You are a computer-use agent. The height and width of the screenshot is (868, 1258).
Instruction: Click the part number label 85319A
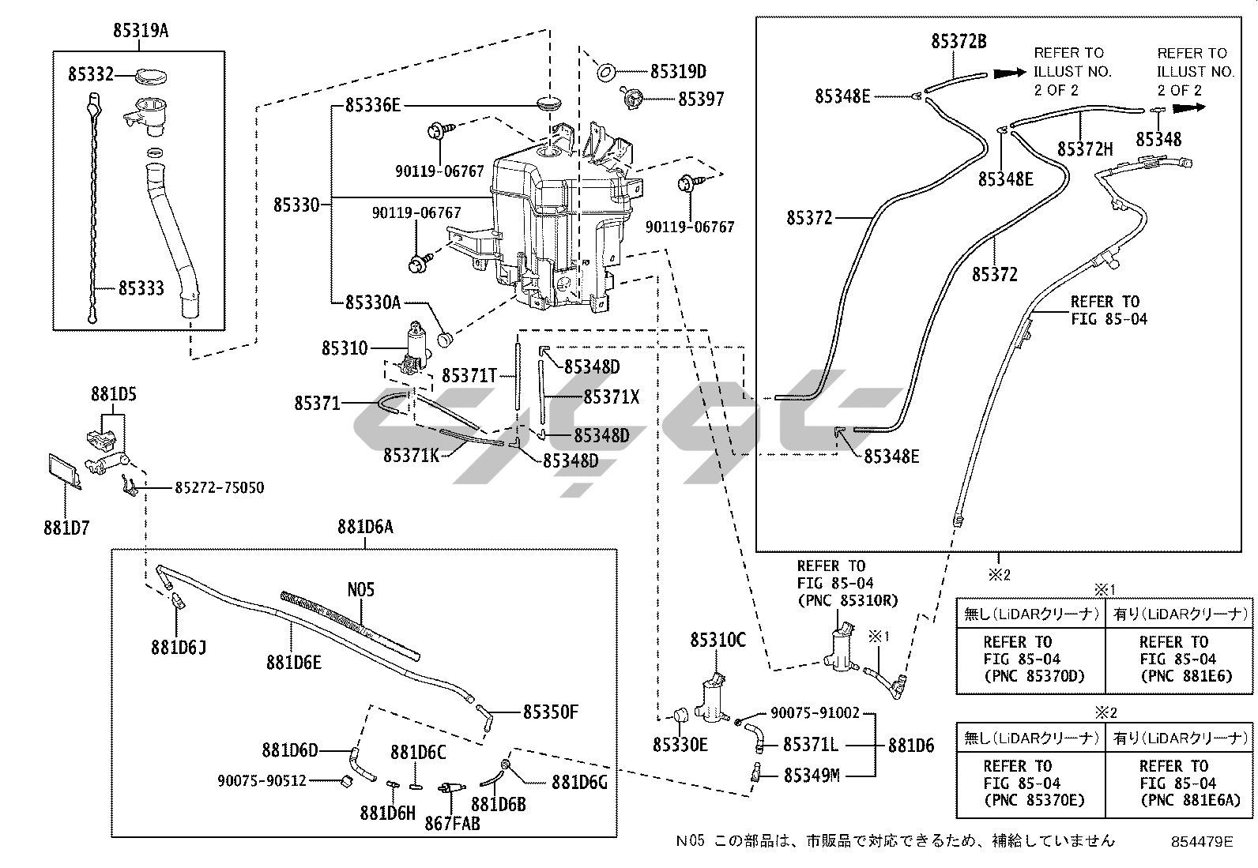[x=141, y=32]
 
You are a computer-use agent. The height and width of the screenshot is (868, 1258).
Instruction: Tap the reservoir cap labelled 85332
[x=151, y=76]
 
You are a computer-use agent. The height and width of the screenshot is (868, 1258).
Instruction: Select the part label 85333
[x=141, y=288]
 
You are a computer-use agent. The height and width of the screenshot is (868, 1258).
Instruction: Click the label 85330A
[x=373, y=302]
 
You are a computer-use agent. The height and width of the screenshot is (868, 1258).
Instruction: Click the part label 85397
[x=701, y=100]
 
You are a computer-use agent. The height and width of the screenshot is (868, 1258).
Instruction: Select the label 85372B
[x=959, y=42]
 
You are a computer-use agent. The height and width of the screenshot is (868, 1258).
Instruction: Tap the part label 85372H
[x=1085, y=149]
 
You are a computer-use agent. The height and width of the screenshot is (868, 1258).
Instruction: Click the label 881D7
[x=66, y=527]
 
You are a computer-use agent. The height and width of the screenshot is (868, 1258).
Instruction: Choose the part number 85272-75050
[x=220, y=488]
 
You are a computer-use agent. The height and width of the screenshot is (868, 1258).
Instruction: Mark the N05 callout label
[x=361, y=590]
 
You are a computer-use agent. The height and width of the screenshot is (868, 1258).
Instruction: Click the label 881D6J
[x=179, y=647]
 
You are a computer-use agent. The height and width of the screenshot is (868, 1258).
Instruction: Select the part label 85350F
[x=551, y=712]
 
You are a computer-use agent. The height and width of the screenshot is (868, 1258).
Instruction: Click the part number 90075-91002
[x=815, y=713]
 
